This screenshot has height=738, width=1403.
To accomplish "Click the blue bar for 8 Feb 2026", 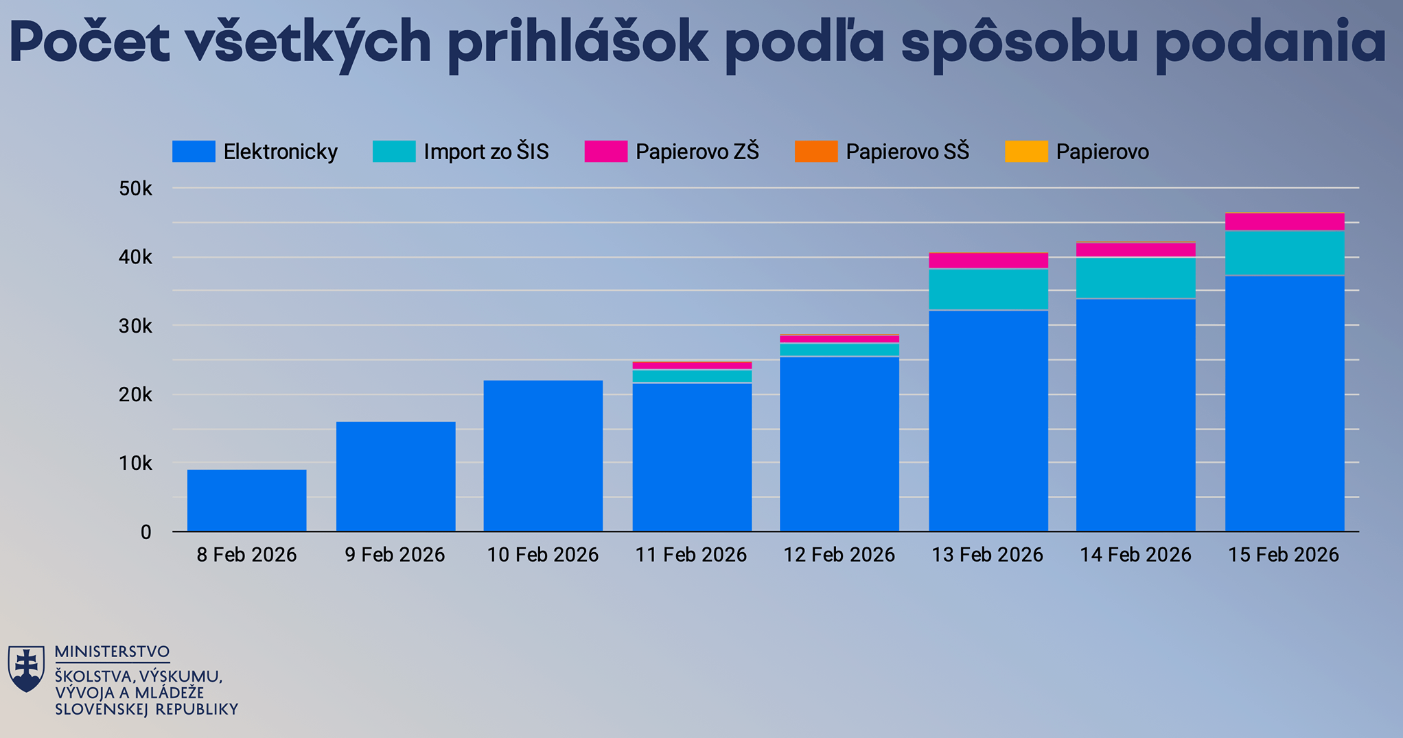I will (x=246, y=500).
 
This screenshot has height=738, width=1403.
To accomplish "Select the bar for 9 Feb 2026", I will (x=395, y=476).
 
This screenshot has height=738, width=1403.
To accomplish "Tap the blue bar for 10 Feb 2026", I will (x=543, y=455).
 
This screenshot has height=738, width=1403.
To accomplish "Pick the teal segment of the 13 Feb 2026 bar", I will (x=988, y=289).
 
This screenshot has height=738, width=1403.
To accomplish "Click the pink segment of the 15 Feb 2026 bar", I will (x=1284, y=222).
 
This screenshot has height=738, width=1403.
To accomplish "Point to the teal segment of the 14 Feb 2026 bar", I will (x=1136, y=278).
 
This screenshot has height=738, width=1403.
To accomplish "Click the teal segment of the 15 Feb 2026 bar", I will (x=1284, y=253).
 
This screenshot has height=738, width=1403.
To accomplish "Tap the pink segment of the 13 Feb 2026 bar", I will (x=988, y=261).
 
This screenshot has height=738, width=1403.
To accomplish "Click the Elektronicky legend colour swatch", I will (x=194, y=152).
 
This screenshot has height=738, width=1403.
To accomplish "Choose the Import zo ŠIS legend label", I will (x=486, y=152).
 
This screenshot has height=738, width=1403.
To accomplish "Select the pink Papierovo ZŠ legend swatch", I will (x=605, y=152).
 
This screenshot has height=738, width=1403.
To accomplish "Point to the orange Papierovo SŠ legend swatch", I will (x=816, y=152).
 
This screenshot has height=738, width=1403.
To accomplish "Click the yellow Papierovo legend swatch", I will (x=1026, y=152).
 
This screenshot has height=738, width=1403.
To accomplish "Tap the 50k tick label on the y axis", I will (x=135, y=189).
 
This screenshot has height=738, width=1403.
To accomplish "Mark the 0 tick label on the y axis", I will (x=146, y=532).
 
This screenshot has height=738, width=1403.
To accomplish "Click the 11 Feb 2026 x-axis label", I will (x=691, y=555).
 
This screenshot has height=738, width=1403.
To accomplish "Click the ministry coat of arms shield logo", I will (x=27, y=668).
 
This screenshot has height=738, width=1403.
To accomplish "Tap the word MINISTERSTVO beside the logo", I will (x=112, y=652).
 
